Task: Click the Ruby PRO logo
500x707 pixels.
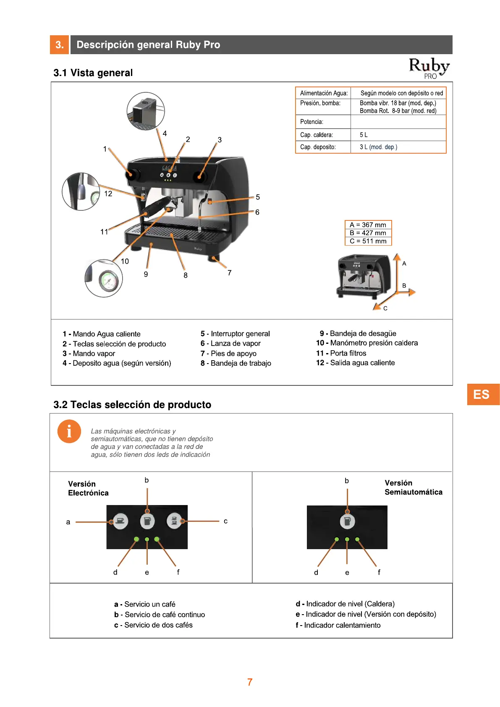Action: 429,68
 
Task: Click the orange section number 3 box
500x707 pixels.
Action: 60,45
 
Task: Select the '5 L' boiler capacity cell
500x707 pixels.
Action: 364,135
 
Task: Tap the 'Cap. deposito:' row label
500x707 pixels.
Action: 318,147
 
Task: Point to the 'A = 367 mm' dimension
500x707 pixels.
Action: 368,225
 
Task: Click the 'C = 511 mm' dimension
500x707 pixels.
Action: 368,241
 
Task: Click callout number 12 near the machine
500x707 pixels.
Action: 108,194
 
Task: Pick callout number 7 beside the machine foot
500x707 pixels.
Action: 230,273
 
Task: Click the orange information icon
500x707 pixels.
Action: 69,431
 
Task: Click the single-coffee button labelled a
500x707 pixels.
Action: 120,521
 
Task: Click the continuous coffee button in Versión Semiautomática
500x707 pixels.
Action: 347,521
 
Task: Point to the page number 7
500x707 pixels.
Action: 250,682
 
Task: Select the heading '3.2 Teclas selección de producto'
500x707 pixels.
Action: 132,405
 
